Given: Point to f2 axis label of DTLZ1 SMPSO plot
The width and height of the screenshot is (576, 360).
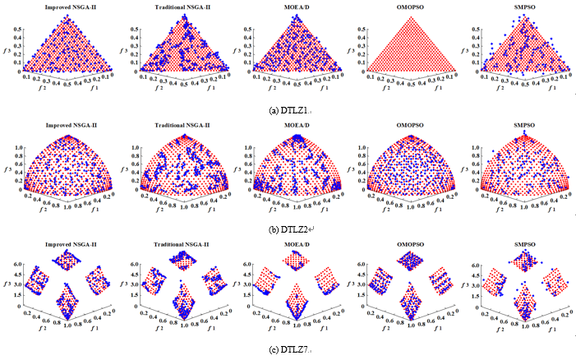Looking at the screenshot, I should pos(491,94).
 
